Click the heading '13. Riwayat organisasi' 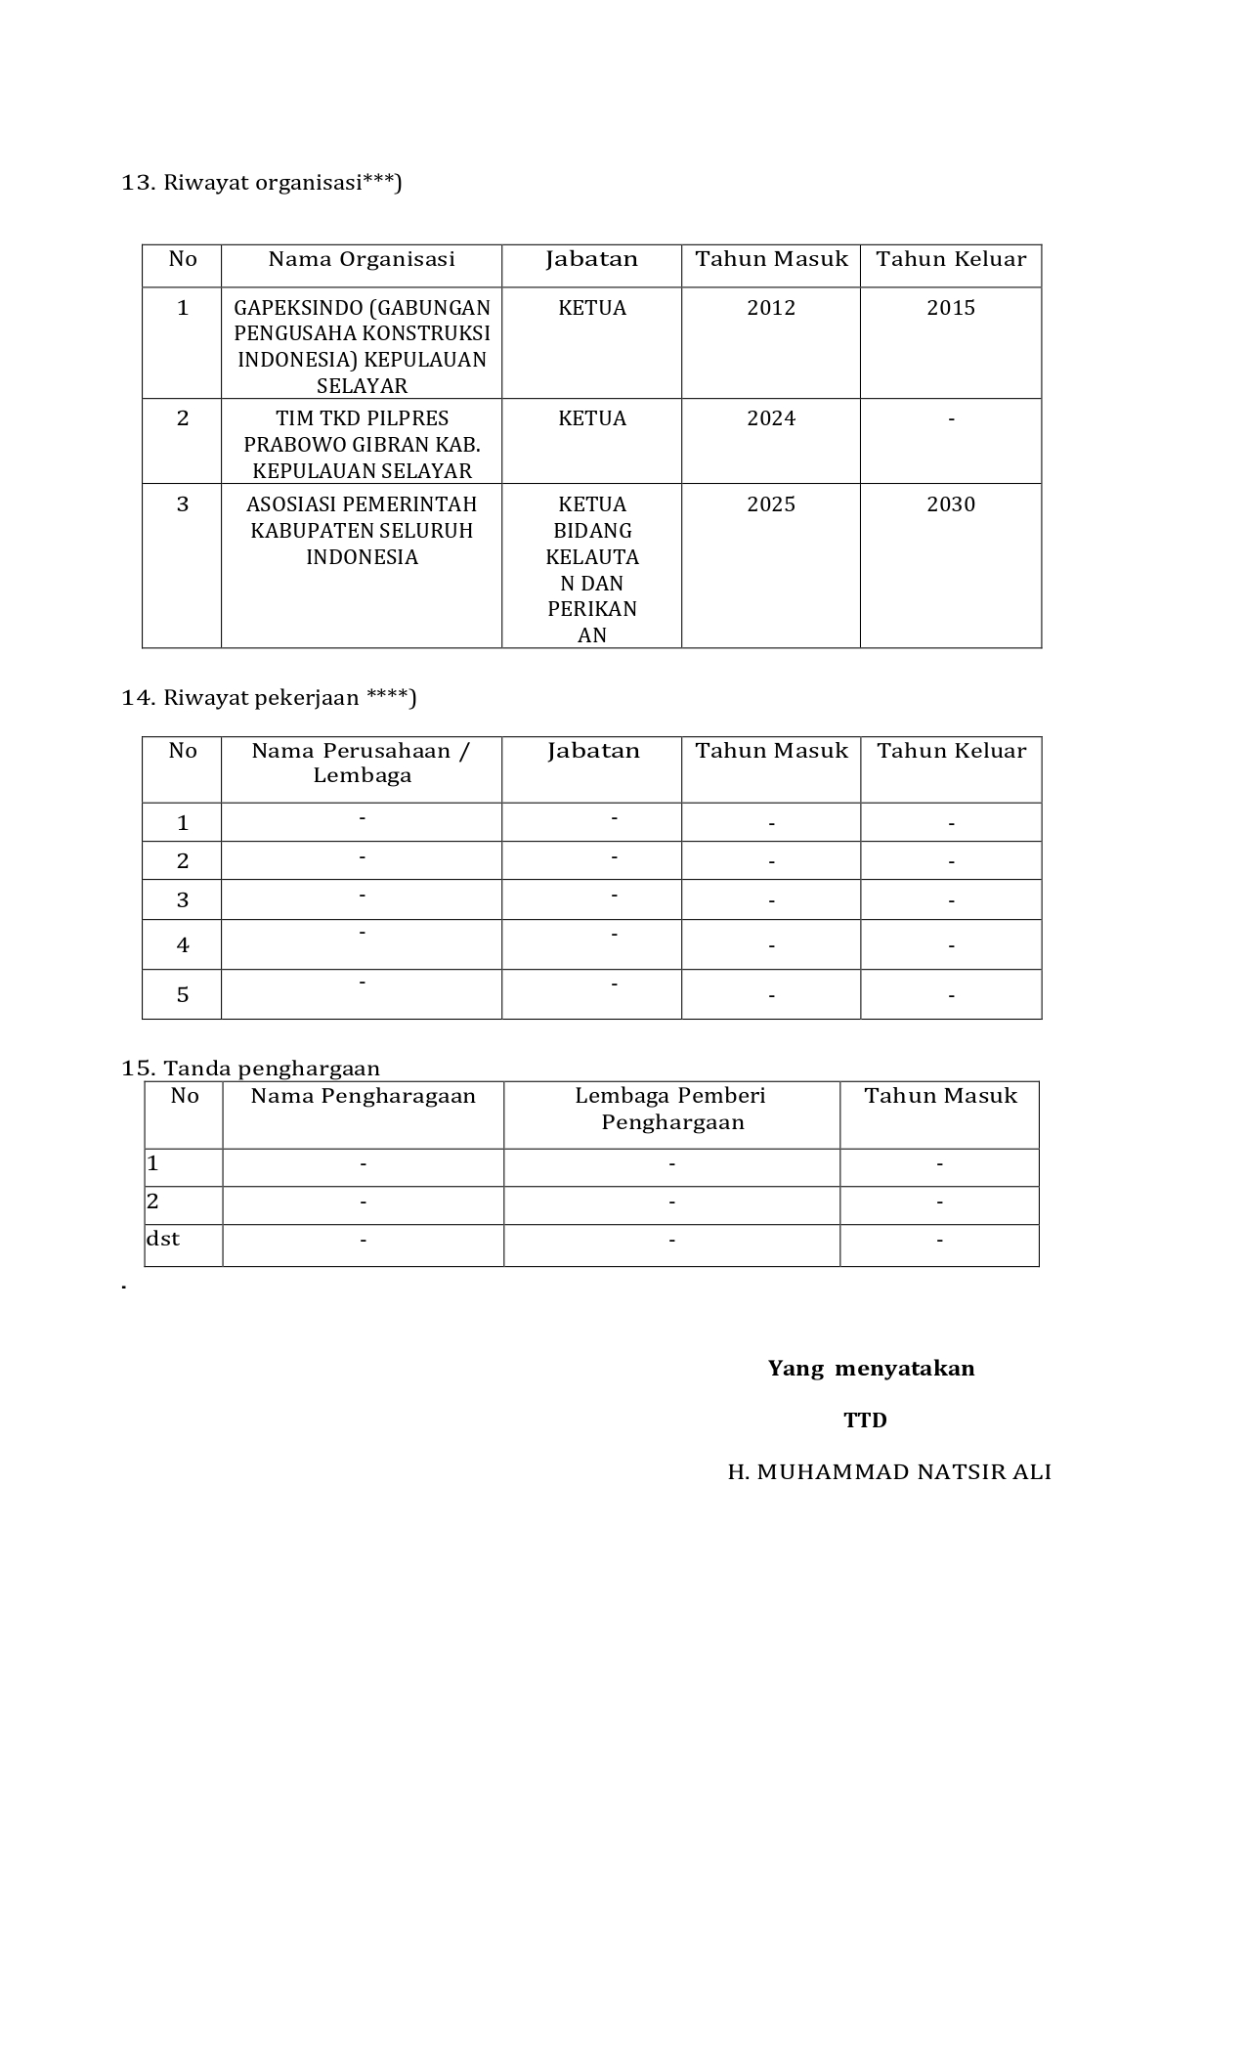(261, 183)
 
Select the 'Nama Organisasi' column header (362, 259)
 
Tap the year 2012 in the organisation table (771, 308)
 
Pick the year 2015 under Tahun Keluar (951, 308)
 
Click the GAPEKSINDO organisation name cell (362, 346)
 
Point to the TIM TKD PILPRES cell (362, 444)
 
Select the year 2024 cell (771, 418)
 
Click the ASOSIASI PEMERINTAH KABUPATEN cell (362, 530)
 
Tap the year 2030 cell (951, 504)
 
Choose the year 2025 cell (771, 504)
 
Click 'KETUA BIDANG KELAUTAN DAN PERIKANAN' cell (592, 569)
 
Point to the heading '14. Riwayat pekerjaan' (269, 697)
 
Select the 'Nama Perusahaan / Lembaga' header (362, 763)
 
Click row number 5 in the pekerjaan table (183, 995)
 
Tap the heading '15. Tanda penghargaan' (250, 1068)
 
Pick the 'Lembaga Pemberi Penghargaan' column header (671, 1109)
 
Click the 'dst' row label (163, 1239)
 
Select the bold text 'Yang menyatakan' (871, 1368)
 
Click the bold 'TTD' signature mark (865, 1420)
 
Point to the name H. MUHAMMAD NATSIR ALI (889, 1472)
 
